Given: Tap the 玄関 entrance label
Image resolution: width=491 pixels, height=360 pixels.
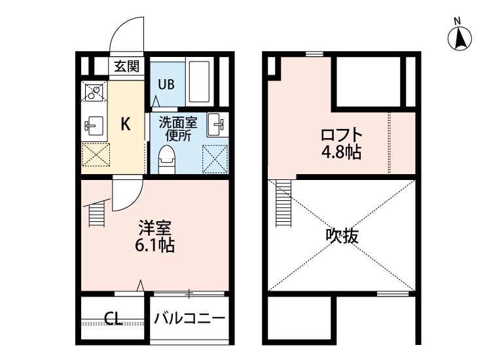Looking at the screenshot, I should pyautogui.click(x=126, y=66).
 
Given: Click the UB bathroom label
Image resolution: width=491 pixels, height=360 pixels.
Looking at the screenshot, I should pyautogui.click(x=166, y=84).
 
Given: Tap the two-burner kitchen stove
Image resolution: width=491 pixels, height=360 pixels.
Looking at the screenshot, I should pyautogui.click(x=93, y=92).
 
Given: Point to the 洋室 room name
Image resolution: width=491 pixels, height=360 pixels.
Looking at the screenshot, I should pyautogui.click(x=156, y=228).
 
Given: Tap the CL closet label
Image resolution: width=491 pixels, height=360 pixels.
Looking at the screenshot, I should pyautogui.click(x=114, y=319).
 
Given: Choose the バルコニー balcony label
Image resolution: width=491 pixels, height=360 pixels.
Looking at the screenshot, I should pyautogui.click(x=190, y=319).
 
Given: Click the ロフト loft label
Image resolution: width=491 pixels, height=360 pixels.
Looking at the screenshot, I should pyautogui.click(x=341, y=135).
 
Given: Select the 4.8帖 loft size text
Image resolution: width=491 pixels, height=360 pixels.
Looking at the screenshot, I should pyautogui.click(x=341, y=153).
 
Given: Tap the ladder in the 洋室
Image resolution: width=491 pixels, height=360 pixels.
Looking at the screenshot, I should pyautogui.click(x=96, y=214).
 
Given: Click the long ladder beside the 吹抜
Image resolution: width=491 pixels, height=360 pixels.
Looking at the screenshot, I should pyautogui.click(x=283, y=203).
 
